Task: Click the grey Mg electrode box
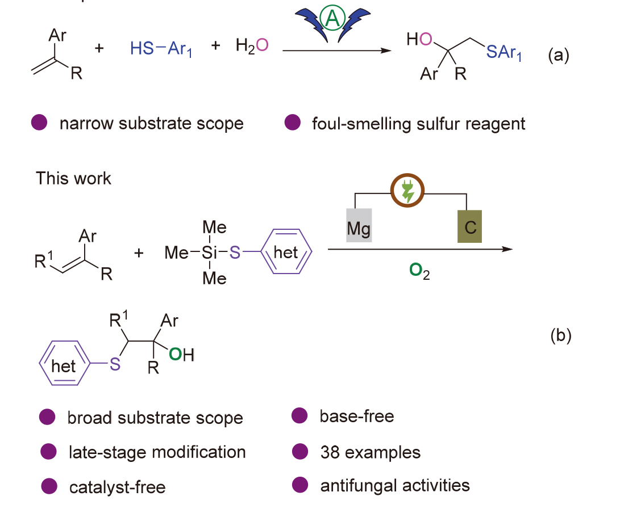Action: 359,225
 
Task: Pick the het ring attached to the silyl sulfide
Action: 286,252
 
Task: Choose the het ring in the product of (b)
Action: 63,366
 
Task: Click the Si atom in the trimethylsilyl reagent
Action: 211,253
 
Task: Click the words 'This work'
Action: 74,178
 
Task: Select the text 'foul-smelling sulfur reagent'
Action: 419,123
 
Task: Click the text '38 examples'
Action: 370,452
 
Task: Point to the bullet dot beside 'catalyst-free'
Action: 49,486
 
